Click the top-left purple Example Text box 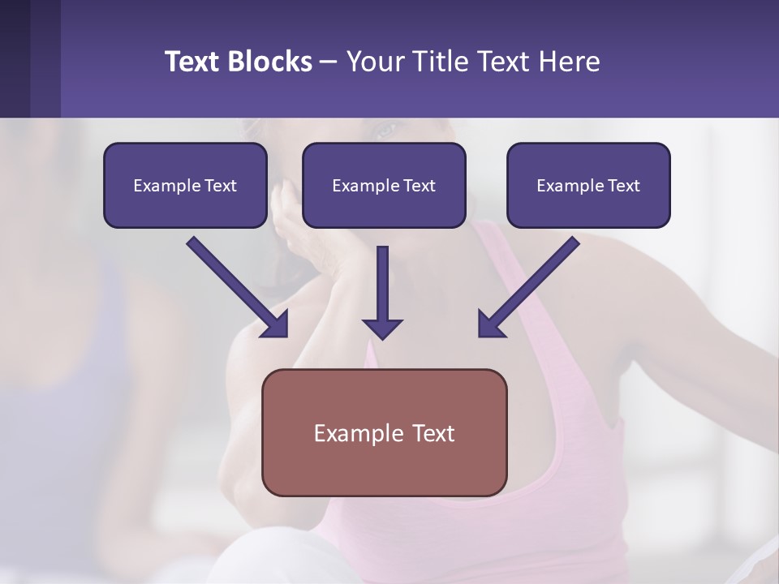click(x=185, y=185)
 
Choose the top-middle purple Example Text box click(x=384, y=185)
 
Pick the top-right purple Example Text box click(x=588, y=185)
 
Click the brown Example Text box click(x=384, y=432)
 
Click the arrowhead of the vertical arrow click(x=382, y=328)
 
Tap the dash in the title click(x=329, y=62)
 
